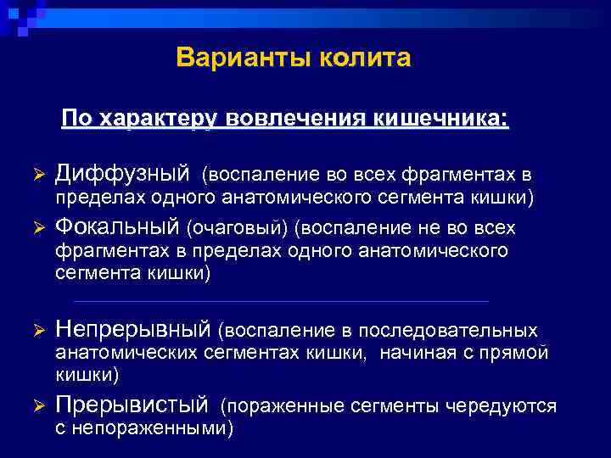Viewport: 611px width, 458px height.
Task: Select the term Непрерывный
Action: [x=132, y=328]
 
